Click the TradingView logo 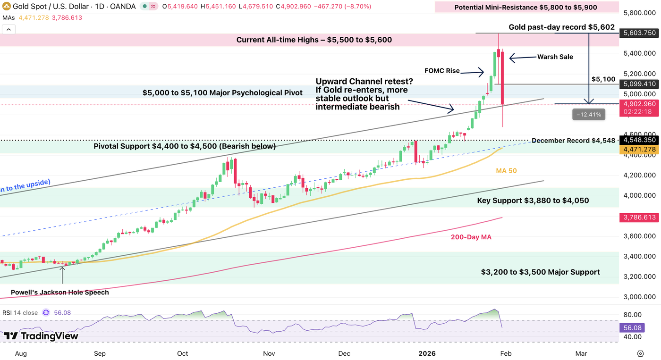coord(41,336)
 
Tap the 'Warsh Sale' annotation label coord(555,57)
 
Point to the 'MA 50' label coord(506,170)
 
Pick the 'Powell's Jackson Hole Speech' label coord(59,293)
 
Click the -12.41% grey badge coord(588,114)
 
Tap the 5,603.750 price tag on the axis coord(639,33)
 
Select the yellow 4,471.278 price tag coord(639,149)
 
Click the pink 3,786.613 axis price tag coord(639,218)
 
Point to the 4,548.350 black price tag coord(639,140)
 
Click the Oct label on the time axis coord(182,353)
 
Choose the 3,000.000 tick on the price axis coord(639,297)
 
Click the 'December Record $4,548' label coord(573,141)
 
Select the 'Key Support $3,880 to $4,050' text coord(533,201)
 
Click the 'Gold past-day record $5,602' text coord(561,27)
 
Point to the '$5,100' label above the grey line coord(603,79)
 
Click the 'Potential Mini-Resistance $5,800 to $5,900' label coord(525,8)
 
